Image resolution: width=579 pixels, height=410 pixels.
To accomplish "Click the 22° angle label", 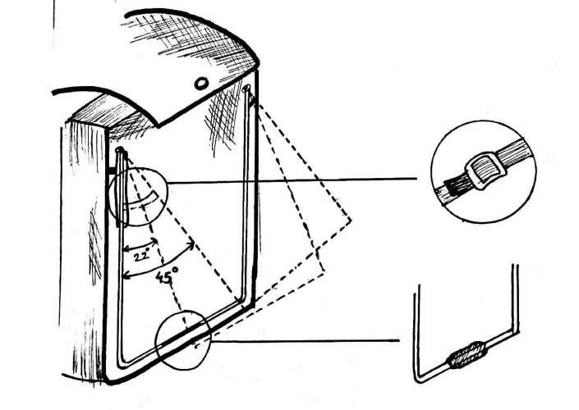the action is tap(142, 255).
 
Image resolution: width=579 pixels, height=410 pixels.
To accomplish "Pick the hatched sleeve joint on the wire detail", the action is tap(466, 358).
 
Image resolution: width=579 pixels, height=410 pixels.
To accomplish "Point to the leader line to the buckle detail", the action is tap(296, 184).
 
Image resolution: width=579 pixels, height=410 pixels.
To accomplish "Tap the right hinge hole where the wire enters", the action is tap(248, 88).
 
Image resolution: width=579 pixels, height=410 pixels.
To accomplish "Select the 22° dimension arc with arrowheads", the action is tap(140, 245).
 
